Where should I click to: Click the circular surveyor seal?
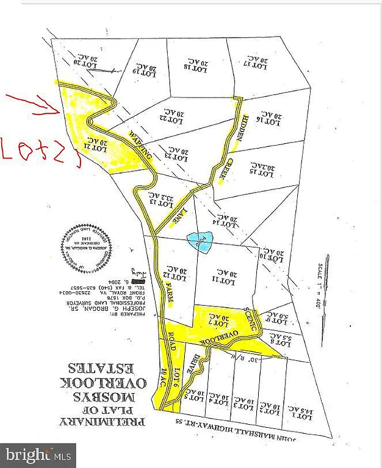coord(87,249)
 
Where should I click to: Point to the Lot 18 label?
coord(198,65)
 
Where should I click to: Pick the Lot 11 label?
coord(224,278)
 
